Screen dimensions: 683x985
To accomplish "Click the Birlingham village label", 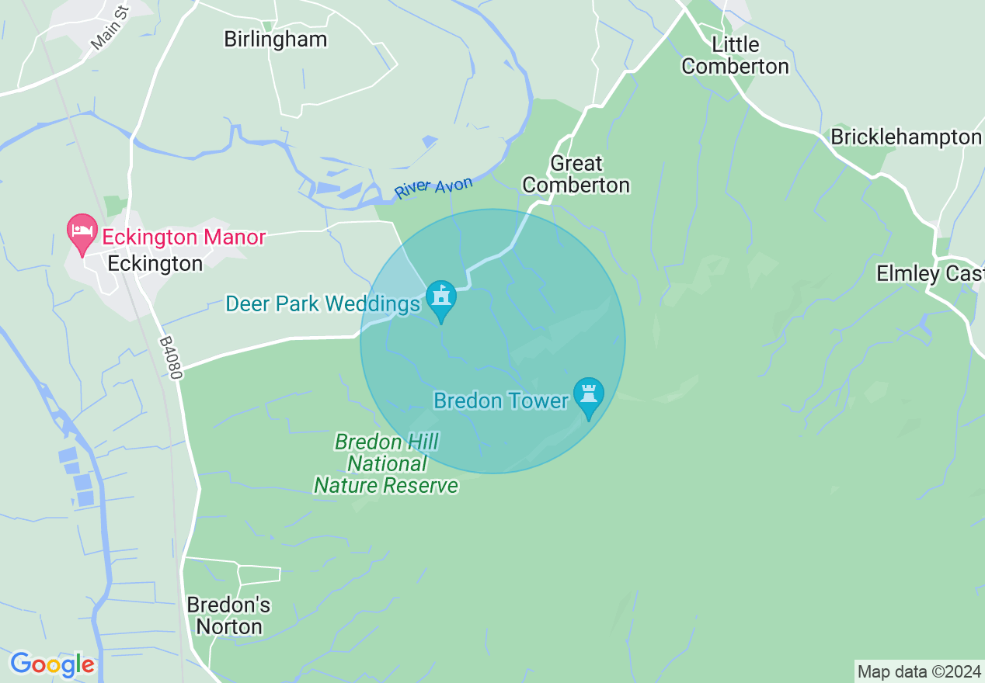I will [275, 40].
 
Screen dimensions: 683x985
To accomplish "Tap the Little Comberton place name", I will [735, 56].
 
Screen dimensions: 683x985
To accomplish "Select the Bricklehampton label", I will [906, 137].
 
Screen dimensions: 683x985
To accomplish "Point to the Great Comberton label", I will [576, 175].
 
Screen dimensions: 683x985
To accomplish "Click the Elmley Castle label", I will [930, 273].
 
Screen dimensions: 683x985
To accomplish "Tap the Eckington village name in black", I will [155, 264].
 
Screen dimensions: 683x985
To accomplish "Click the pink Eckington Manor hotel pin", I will [82, 233].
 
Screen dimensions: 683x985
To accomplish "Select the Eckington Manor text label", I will [184, 237].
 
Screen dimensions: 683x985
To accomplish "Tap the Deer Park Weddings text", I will [322, 303].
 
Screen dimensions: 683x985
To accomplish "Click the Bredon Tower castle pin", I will [588, 396].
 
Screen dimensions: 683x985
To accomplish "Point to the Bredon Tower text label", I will [501, 401].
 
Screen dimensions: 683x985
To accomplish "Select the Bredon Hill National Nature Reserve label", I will [386, 464].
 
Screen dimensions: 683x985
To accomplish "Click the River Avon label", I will [433, 188].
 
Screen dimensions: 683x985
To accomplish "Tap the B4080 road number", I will [171, 358].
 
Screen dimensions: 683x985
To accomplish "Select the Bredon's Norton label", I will [228, 615].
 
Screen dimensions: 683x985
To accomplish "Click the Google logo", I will [52, 664].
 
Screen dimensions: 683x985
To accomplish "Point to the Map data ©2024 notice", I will [918, 671].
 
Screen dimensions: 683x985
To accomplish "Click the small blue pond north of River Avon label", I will [430, 142].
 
